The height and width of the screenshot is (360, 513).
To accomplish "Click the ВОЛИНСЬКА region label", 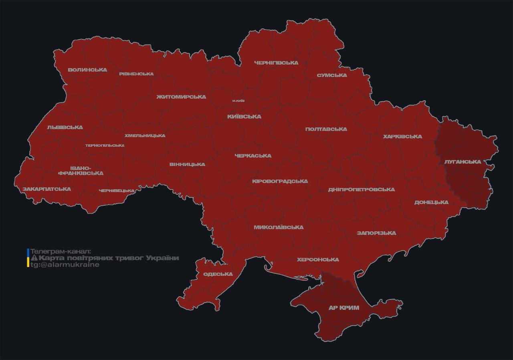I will pyautogui.click(x=87, y=70).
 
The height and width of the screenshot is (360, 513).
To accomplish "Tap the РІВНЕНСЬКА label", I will pyautogui.click(x=136, y=74).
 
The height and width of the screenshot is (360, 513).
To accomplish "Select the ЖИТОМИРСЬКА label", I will pyautogui.click(x=181, y=97).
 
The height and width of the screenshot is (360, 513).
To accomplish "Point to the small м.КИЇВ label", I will pyautogui.click(x=238, y=101).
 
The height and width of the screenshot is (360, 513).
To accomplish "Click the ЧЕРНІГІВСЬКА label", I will pyautogui.click(x=276, y=63).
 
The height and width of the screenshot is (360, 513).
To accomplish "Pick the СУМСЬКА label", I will pyautogui.click(x=332, y=75).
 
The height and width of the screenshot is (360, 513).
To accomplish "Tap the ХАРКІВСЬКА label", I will pyautogui.click(x=402, y=137).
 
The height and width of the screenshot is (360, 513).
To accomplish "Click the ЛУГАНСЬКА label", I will pyautogui.click(x=463, y=162).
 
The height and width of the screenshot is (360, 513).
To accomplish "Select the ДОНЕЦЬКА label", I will pyautogui.click(x=431, y=202).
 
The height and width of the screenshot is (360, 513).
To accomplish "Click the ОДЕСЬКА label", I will pyautogui.click(x=218, y=274).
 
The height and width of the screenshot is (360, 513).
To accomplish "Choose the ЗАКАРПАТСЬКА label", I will pyautogui.click(x=46, y=189).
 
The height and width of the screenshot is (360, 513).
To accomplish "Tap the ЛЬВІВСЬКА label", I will pyautogui.click(x=65, y=127).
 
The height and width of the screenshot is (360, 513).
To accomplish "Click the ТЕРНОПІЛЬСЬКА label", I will pyautogui.click(x=105, y=146).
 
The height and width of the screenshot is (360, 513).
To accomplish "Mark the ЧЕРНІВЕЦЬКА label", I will pyautogui.click(x=117, y=190).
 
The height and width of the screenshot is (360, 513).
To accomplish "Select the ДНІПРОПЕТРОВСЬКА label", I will pyautogui.click(x=361, y=189).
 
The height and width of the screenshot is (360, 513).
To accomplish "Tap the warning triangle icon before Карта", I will pyautogui.click(x=34, y=258).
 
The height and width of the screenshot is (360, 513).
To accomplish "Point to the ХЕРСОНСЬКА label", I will pyautogui.click(x=318, y=260).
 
